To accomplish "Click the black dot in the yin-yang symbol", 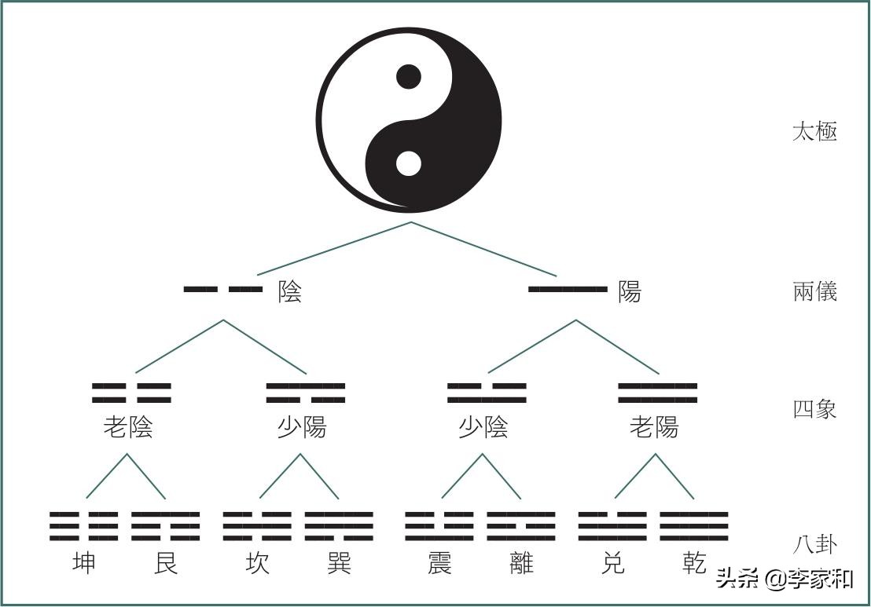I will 408,77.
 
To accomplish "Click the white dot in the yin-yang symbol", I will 408,163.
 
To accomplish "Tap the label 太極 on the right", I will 814,131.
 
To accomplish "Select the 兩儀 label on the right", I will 814,291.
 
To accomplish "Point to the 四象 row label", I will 814,409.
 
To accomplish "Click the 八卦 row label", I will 814,543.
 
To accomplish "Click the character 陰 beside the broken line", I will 289,292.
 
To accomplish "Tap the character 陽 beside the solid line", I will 630,292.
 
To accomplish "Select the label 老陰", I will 128,427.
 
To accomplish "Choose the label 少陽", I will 302,427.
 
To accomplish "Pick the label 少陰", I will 483,427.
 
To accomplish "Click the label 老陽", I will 653,427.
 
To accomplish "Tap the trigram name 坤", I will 83,563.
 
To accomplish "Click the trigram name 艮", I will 166,563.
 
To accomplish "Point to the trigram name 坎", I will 256,563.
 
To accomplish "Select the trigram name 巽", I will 339,563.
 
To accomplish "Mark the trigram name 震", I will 439,563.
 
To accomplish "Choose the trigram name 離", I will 521,563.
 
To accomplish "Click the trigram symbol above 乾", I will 694,526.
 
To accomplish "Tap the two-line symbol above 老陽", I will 657,393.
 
